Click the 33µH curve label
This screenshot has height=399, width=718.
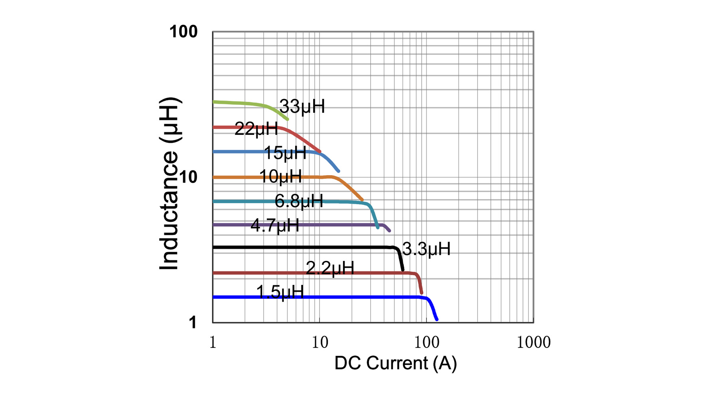[302, 107]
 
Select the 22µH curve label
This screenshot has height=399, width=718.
[256, 129]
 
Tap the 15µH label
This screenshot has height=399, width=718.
[285, 153]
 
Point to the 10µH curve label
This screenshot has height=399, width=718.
[280, 176]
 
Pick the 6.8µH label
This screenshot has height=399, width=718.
[299, 201]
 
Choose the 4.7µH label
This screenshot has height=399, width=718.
[275, 225]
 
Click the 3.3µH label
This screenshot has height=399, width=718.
[426, 249]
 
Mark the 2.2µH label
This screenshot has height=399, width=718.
[330, 268]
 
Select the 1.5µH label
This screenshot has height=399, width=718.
[280, 292]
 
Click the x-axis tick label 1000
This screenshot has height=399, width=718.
[533, 342]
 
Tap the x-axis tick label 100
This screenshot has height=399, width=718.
[426, 342]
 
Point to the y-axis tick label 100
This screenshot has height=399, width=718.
[183, 32]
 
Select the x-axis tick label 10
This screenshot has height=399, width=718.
[320, 342]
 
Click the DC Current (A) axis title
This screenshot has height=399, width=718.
[395, 363]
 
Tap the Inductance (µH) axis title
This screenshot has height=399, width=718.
[169, 184]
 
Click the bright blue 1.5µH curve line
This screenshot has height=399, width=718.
[359, 297]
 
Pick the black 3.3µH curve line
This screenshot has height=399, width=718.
[319, 248]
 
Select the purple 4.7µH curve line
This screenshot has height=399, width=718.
[339, 225]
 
